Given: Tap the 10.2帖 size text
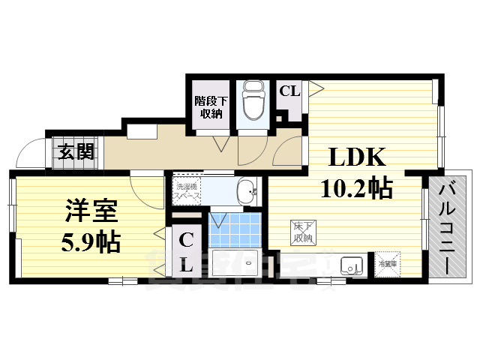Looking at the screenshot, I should [356, 187].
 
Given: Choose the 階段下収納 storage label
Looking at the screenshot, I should [209, 106].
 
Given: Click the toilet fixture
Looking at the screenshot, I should [254, 105].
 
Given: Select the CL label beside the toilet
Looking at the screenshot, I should [289, 91].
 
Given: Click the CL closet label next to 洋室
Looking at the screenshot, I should [186, 253].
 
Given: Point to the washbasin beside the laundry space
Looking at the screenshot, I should [245, 192].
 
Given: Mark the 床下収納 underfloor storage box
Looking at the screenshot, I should [302, 232].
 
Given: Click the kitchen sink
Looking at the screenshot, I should [351, 265].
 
